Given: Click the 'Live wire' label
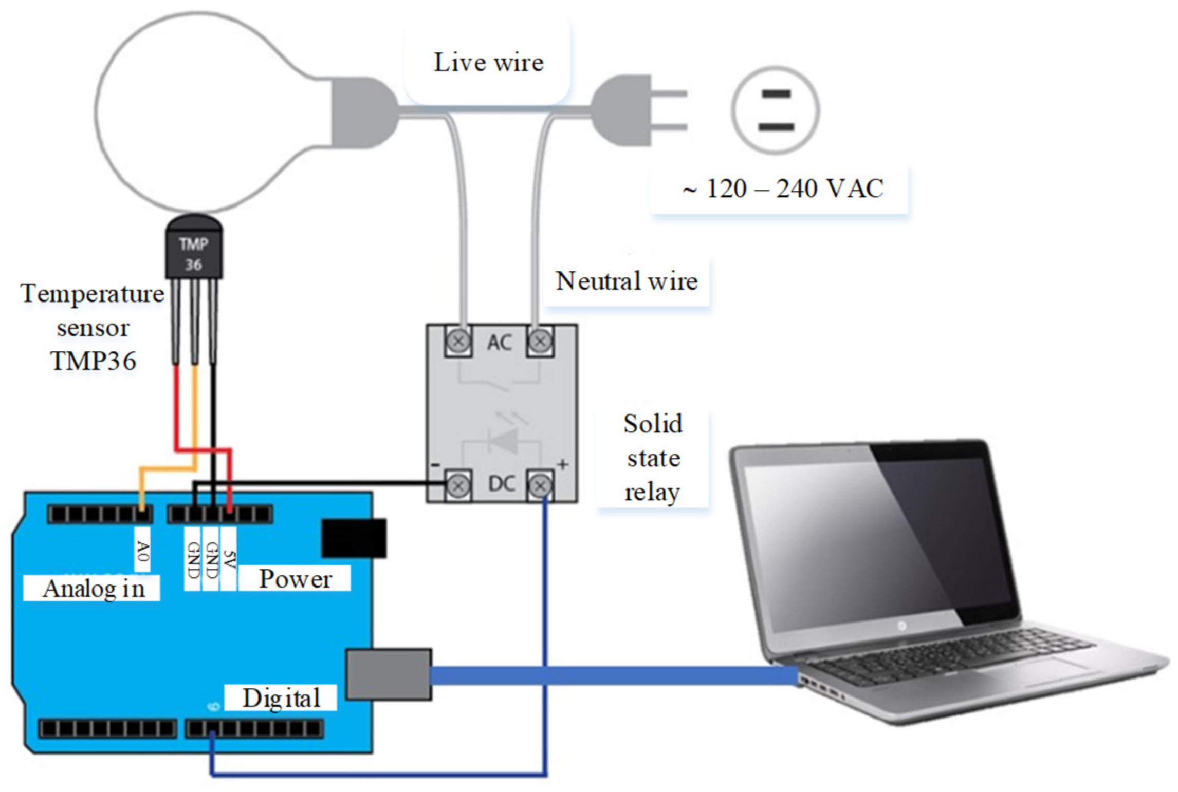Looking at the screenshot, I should coord(488,62).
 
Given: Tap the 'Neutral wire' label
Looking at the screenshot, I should coord(627,281).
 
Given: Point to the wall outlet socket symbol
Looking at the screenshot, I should coord(775,110).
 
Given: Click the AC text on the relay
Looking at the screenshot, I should coord(499,342).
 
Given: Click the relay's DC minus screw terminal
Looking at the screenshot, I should coord(458,485).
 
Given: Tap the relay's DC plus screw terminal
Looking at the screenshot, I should coord(540,485).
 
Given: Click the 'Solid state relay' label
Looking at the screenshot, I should coord(653,458).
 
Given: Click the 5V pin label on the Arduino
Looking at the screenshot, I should coord(229,559).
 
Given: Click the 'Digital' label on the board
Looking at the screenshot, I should coord(281,698).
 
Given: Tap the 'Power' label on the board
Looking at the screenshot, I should coord(295,579).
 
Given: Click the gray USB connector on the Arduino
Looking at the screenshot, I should coord(389,674).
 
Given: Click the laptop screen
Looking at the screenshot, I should coord(874,539).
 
